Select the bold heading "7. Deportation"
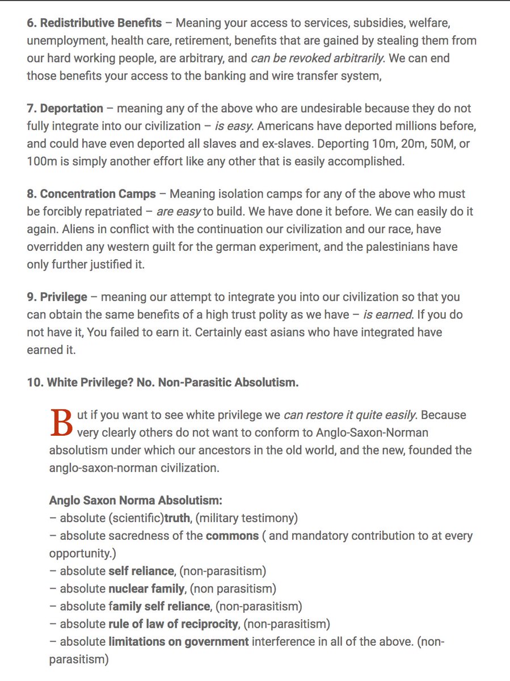65,108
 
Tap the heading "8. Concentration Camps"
91,194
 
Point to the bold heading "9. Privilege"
57,297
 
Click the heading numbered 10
163,382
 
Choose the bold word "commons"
232,535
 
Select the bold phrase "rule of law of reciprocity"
172,624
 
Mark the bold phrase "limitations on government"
178,642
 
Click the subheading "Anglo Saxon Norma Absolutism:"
135,501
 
